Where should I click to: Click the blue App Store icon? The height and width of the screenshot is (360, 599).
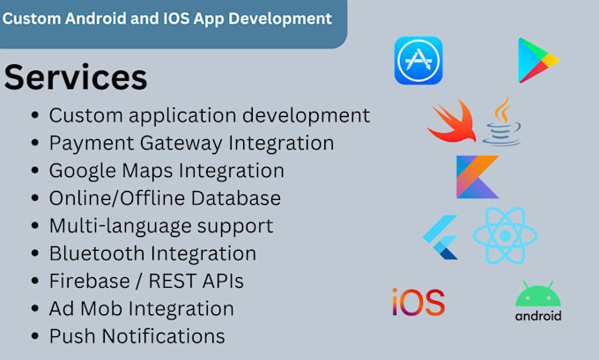(x=418, y=61)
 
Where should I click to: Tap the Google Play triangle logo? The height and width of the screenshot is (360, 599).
(x=536, y=60)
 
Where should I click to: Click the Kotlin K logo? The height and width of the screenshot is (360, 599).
(x=477, y=176)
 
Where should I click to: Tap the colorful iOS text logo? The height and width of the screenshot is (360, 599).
(x=418, y=302)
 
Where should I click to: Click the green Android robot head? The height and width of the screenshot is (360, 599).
(x=537, y=295)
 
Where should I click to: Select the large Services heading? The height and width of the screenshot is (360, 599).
(x=76, y=77)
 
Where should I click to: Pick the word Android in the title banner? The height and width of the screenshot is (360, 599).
(x=103, y=18)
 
